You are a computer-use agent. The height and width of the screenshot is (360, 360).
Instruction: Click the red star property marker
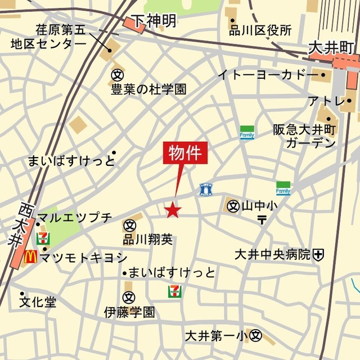(x=173, y=210)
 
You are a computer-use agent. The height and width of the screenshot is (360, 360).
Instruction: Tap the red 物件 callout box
(x=186, y=153)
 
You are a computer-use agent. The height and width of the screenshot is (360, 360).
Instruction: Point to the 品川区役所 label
(x=260, y=30)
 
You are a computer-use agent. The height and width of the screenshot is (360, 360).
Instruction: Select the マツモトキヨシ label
(x=83, y=258)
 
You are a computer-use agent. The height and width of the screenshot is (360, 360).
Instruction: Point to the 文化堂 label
(x=38, y=302)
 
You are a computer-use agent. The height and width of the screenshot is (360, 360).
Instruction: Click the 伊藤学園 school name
(x=129, y=312)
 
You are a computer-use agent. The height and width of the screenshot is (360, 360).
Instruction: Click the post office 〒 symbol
(x=262, y=219)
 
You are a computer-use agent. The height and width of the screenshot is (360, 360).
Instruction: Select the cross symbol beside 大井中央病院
(x=319, y=254)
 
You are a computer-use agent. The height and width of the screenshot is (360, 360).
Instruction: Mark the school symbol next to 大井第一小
(x=256, y=336)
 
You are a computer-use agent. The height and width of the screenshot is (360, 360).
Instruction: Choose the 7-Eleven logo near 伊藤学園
(x=175, y=291)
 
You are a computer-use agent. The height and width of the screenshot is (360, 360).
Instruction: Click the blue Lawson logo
(x=206, y=190)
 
